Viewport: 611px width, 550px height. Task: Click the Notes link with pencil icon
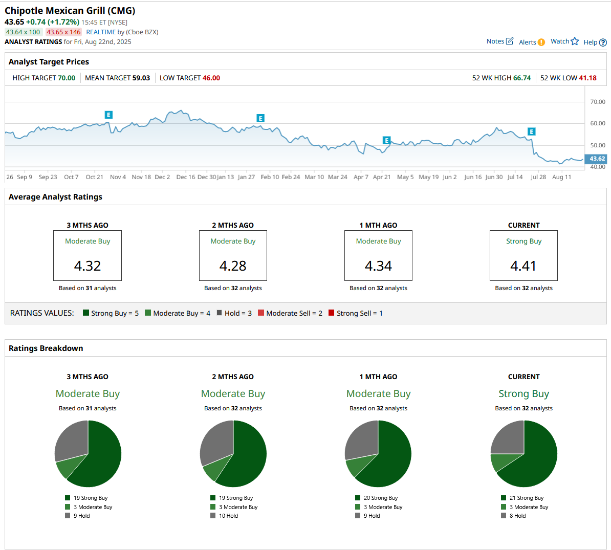pos(500,41)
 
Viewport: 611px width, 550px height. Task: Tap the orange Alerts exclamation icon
pos(541,42)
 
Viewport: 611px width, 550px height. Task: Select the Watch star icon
pos(575,41)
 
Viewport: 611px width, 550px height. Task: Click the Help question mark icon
pos(603,42)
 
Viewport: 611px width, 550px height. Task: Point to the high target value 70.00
pos(67,78)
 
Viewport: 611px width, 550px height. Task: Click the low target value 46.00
pos(211,78)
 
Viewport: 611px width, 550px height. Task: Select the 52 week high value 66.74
pos(522,78)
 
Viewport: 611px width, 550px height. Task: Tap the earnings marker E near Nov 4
pos(108,115)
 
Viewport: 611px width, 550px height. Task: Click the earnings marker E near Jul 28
pos(532,131)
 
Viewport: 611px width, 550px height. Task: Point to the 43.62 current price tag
pos(596,159)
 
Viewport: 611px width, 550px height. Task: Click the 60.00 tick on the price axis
pos(598,123)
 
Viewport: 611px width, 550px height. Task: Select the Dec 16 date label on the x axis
pos(185,177)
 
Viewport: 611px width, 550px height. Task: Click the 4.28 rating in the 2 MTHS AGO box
pos(233,266)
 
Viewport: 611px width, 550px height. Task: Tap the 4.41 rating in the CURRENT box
pos(523,266)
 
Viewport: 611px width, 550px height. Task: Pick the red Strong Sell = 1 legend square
pos(332,313)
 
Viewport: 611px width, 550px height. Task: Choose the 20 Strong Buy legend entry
pos(377,498)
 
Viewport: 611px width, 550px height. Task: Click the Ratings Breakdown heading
pos(46,348)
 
